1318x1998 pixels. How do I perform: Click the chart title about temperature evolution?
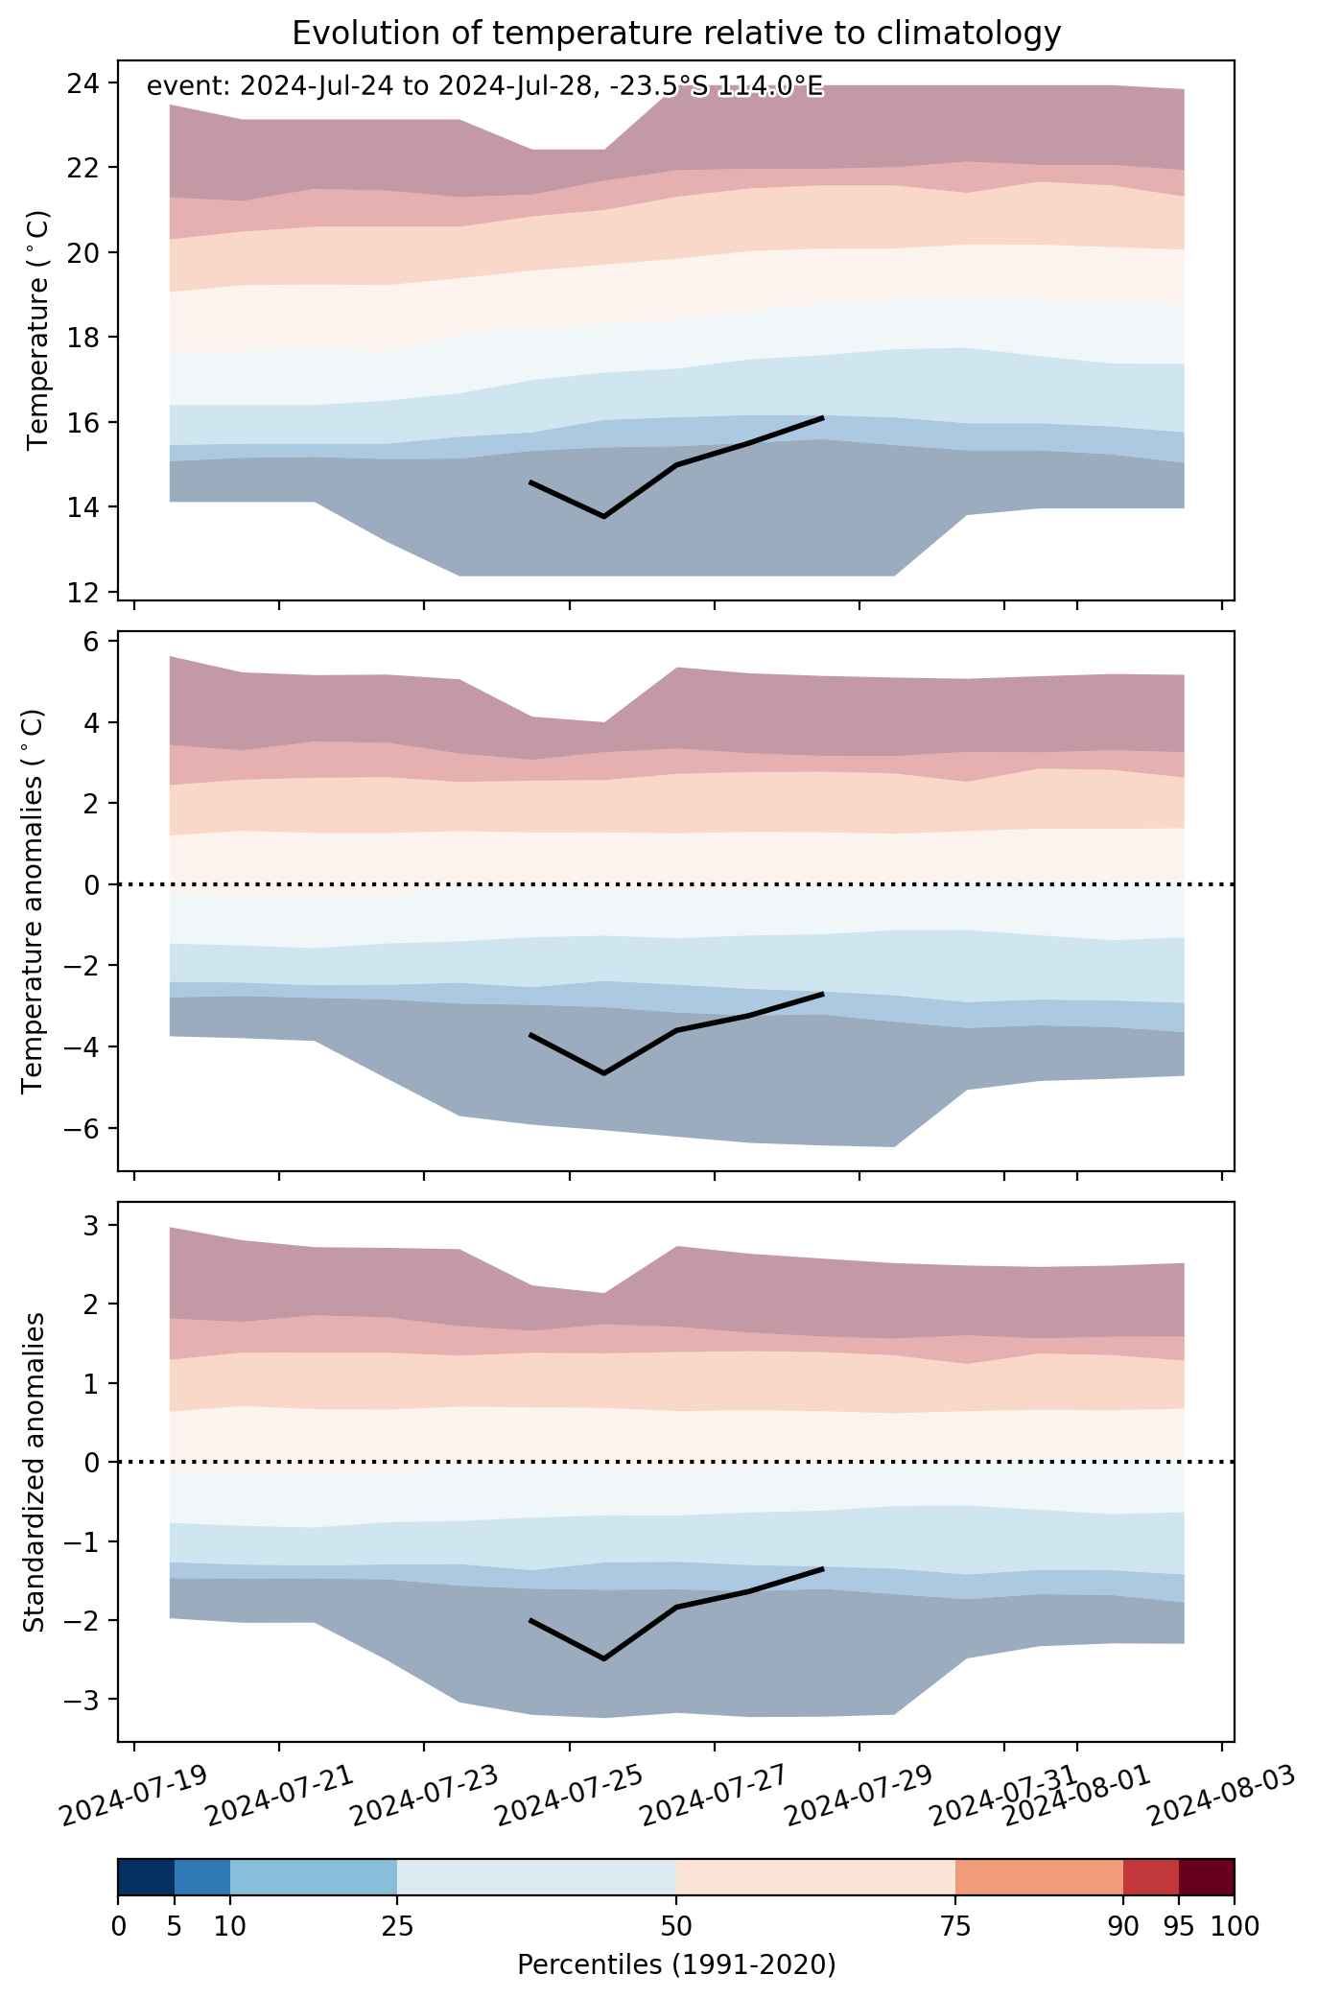click(676, 34)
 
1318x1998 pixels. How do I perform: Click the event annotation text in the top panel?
click(484, 87)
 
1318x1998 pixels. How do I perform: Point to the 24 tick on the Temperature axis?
click(88, 82)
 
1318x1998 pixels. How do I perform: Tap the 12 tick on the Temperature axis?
click(88, 592)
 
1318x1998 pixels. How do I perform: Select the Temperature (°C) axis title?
click(37, 331)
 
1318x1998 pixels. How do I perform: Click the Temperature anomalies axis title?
click(33, 901)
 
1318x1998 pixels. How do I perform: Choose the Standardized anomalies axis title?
click(33, 1471)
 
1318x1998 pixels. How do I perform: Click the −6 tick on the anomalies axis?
click(84, 1128)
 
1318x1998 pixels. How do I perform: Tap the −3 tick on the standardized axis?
click(84, 1699)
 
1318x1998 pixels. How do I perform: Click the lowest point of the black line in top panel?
click(603, 517)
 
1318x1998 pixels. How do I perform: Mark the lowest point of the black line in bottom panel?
click(603, 1658)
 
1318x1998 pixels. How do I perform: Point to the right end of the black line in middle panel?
click(823, 994)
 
